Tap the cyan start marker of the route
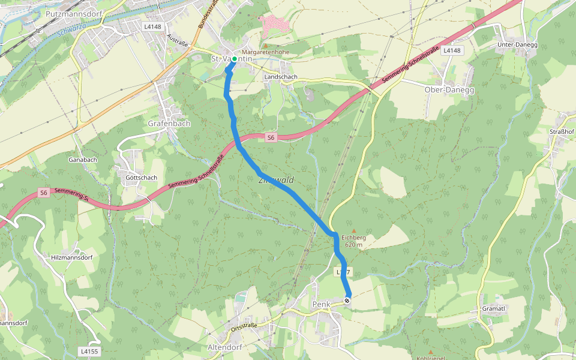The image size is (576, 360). (234, 59)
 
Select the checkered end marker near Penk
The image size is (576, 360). (347, 300)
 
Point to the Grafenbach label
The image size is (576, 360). (169, 124)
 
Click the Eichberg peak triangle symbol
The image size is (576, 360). (353, 230)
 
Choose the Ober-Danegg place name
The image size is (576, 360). (449, 89)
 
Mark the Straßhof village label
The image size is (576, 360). (562, 131)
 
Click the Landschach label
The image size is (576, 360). (281, 77)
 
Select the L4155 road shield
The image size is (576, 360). (88, 350)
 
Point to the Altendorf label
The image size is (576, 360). (224, 347)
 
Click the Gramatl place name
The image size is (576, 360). (494, 308)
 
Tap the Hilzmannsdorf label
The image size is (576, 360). (72, 257)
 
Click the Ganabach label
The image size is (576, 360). (83, 160)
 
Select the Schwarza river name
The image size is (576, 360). (75, 31)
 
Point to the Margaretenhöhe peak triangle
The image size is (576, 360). (265, 45)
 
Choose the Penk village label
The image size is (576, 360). (322, 305)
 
